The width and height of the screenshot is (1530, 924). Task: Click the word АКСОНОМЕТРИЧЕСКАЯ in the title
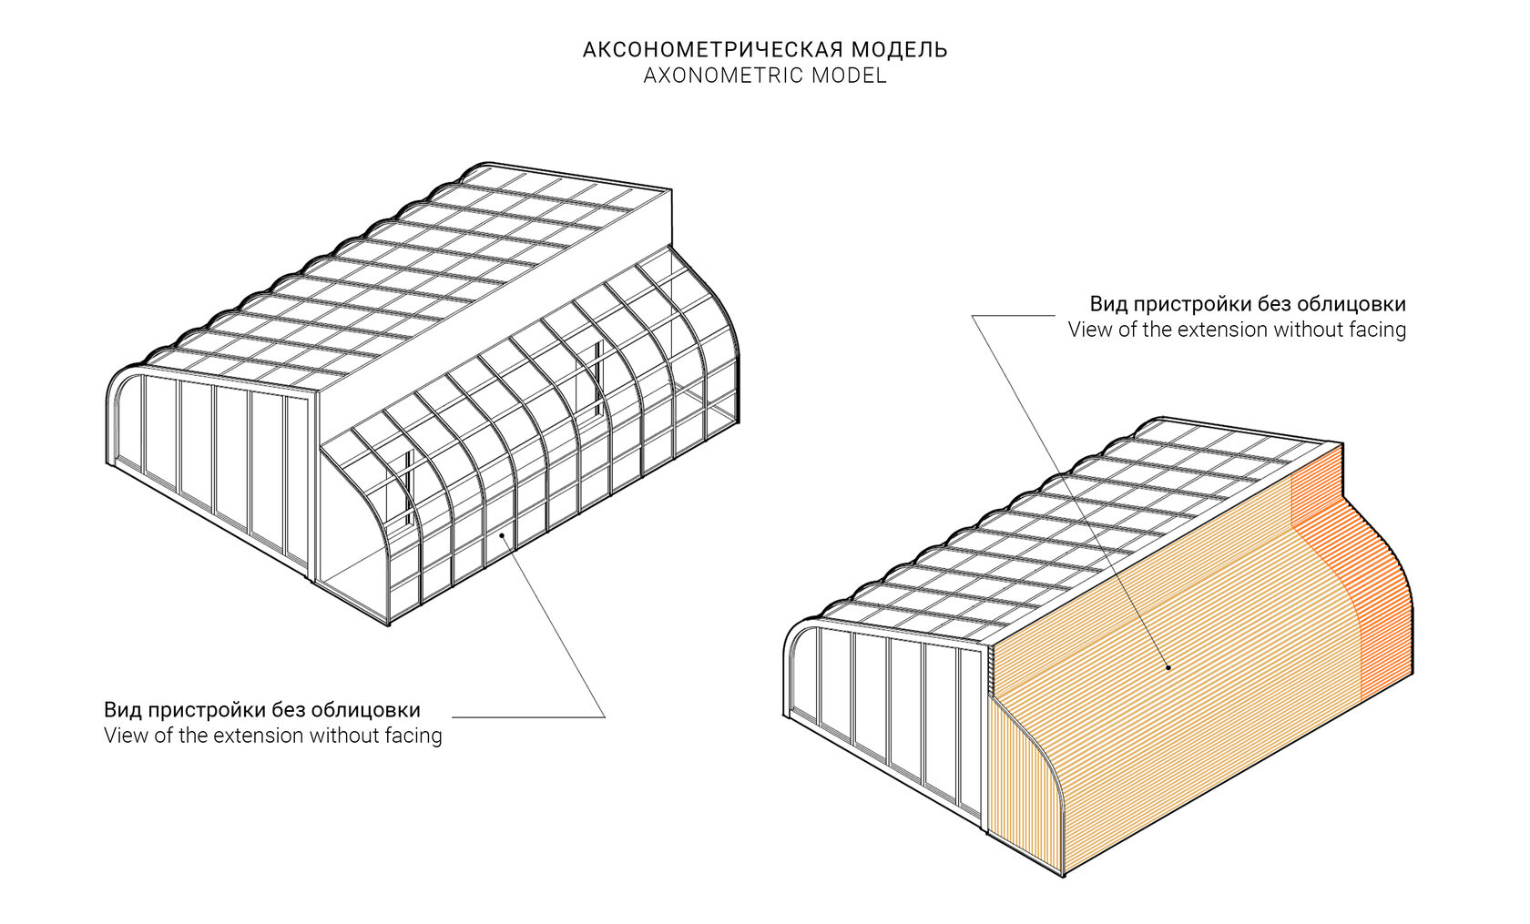pos(714,50)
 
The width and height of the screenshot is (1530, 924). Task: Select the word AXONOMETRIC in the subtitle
pos(721,76)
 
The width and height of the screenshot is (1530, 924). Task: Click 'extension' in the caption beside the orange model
pos(1219,330)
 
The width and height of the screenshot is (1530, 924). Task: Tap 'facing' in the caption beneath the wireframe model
pos(412,736)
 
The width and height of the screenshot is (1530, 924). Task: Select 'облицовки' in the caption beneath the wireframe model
pos(366,710)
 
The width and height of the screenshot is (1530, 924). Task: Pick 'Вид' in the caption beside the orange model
pos(1107,304)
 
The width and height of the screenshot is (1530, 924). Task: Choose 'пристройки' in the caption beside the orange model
pos(1189,305)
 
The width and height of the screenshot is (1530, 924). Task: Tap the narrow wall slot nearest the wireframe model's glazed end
pos(409,488)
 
